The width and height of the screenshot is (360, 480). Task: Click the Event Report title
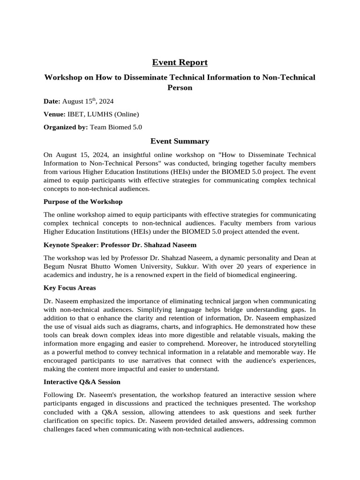coord(180,62)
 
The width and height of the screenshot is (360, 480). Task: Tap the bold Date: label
coord(52,101)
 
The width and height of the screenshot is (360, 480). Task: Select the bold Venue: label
coord(54,114)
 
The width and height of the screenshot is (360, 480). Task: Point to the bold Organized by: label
coord(66,127)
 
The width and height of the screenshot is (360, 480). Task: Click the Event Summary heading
coord(180,141)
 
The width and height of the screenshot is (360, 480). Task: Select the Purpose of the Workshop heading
coord(83,202)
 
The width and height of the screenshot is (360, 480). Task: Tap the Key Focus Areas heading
coord(69,287)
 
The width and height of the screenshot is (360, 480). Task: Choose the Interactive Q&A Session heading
coord(82,382)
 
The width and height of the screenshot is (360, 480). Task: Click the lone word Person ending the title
coord(180,87)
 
